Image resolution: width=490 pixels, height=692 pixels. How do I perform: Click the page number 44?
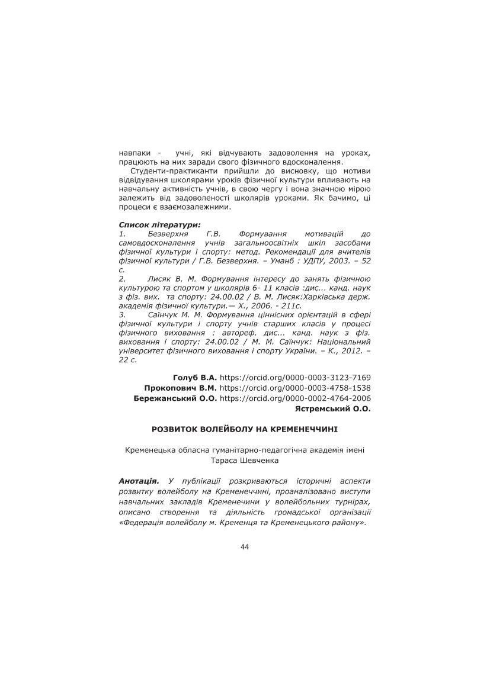pos(245,546)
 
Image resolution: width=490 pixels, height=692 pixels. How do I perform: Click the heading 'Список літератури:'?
pos(160,225)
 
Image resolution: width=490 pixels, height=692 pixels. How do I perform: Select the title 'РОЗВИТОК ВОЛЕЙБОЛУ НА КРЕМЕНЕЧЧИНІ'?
pos(245,427)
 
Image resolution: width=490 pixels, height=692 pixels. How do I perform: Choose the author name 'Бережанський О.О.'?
pos(176,398)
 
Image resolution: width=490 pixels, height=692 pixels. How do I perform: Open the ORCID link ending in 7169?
pos(295,377)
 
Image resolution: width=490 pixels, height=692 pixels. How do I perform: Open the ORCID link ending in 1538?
pos(295,388)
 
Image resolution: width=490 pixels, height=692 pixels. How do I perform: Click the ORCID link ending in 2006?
pos(295,398)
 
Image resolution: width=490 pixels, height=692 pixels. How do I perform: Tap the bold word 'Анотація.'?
pos(139,482)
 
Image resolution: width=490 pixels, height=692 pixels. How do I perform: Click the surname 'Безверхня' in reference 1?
pos(169,234)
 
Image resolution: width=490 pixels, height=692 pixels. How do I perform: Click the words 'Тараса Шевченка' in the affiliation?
pos(245,459)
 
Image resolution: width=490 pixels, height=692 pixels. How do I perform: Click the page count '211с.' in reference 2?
pos(290,305)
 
